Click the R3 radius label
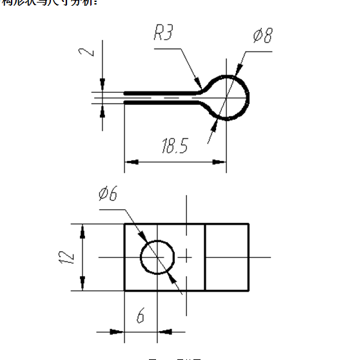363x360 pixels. click(163, 33)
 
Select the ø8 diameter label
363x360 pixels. click(262, 35)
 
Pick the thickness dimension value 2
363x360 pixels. click(91, 49)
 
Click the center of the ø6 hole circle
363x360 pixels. click(158, 257)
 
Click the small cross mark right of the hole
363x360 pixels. click(186, 257)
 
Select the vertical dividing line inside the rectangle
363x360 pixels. click(205, 257)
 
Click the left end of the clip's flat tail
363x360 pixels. click(125, 97)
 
